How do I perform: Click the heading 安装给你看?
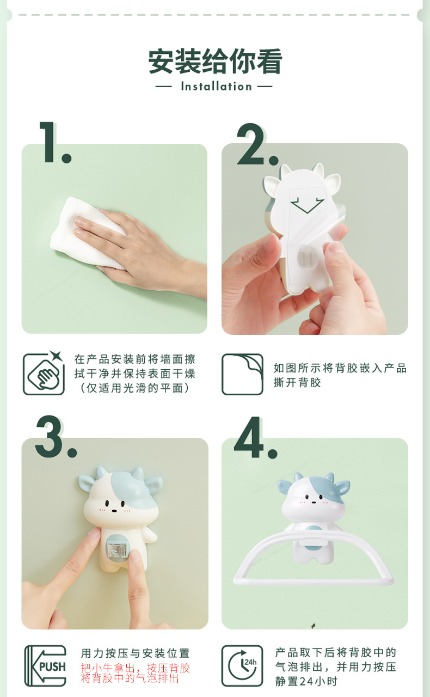pos(215,62)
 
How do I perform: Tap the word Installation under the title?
pos(217,86)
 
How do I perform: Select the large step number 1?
pos(55,142)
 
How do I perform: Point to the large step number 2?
pos(257,144)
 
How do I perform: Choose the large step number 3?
pos(56,437)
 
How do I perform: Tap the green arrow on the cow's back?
pos(308,205)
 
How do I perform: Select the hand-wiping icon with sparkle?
pos(44,373)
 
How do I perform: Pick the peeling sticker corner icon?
pos(242,374)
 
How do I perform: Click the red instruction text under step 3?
pos(136,673)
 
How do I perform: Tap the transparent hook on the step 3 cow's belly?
pos(116,552)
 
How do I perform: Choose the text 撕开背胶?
pos(297,382)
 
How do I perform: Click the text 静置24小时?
pos(306,681)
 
